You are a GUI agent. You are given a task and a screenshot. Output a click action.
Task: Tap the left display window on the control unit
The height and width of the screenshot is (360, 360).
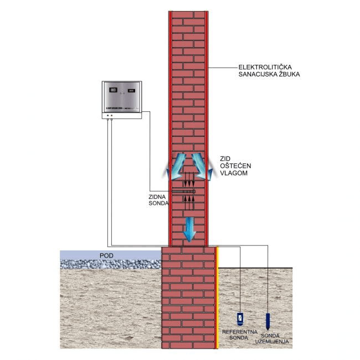point(114,90)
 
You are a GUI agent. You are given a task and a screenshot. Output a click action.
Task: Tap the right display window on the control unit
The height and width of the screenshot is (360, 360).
point(132,90)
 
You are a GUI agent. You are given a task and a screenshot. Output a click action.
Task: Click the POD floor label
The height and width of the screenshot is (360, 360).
point(106,256)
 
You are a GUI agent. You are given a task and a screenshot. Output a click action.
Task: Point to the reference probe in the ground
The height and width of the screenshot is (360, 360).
point(240,318)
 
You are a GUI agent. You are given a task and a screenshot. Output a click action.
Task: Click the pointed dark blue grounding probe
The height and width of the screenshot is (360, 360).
point(268,321)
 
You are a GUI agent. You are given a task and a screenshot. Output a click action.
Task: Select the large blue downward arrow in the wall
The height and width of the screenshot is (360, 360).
point(189,229)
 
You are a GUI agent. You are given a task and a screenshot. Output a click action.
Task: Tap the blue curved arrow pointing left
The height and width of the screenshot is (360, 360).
point(175,166)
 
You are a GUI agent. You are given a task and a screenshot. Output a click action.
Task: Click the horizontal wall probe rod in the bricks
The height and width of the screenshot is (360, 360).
point(183,192)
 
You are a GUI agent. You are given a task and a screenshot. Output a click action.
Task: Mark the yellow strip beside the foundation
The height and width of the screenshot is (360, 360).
point(218,299)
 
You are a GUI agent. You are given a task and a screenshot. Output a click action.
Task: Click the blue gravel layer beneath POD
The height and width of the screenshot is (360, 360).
point(111,264)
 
